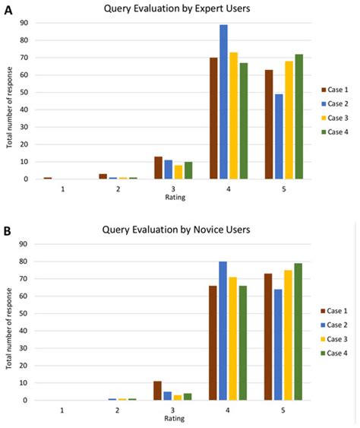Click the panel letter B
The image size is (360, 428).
pyautogui.click(x=7, y=227)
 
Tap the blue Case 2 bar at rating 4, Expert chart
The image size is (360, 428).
pyautogui.click(x=224, y=103)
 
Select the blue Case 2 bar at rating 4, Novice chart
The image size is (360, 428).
pyautogui.click(x=224, y=331)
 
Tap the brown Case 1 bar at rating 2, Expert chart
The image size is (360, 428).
pyautogui.click(x=103, y=176)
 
